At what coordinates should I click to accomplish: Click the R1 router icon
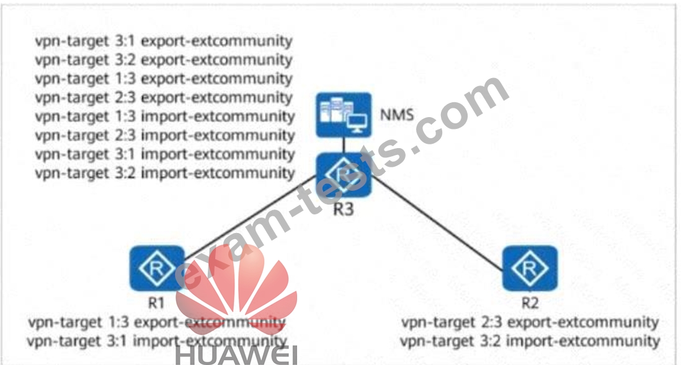(157, 268)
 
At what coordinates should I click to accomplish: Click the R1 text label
(156, 303)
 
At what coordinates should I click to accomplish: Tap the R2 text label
(529, 303)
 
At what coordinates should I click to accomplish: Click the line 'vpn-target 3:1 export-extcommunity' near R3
(163, 42)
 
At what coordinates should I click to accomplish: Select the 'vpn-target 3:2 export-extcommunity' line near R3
(163, 60)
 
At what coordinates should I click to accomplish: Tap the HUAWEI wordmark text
(236, 355)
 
